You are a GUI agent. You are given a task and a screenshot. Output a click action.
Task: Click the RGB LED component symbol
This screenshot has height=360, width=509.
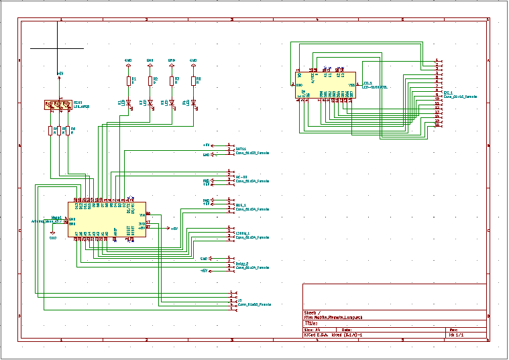coord(58,104)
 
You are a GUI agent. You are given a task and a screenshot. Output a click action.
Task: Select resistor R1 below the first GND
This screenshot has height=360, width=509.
coord(129,80)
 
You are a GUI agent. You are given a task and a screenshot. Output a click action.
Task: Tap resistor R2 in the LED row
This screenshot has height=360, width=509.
coord(150,80)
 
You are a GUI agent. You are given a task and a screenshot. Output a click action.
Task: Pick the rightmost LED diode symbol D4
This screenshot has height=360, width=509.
coord(193,103)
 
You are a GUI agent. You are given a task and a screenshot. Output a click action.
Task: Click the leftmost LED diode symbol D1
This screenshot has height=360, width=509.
coord(129,103)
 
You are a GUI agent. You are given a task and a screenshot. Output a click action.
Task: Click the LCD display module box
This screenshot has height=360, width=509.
coord(327,85)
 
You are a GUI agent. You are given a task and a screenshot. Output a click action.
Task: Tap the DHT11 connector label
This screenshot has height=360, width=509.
coord(252,153)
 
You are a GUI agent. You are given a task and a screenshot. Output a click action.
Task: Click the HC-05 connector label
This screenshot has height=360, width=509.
coord(252,180)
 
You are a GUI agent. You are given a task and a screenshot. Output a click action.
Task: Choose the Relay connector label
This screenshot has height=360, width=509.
coord(252,267)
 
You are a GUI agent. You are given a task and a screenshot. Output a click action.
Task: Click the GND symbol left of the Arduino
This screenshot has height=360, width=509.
coord(53,237)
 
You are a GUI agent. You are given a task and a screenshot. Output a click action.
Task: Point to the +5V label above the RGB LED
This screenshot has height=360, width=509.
coord(60,72)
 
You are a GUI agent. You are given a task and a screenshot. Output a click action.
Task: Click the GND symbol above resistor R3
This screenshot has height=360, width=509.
coord(172,61)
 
